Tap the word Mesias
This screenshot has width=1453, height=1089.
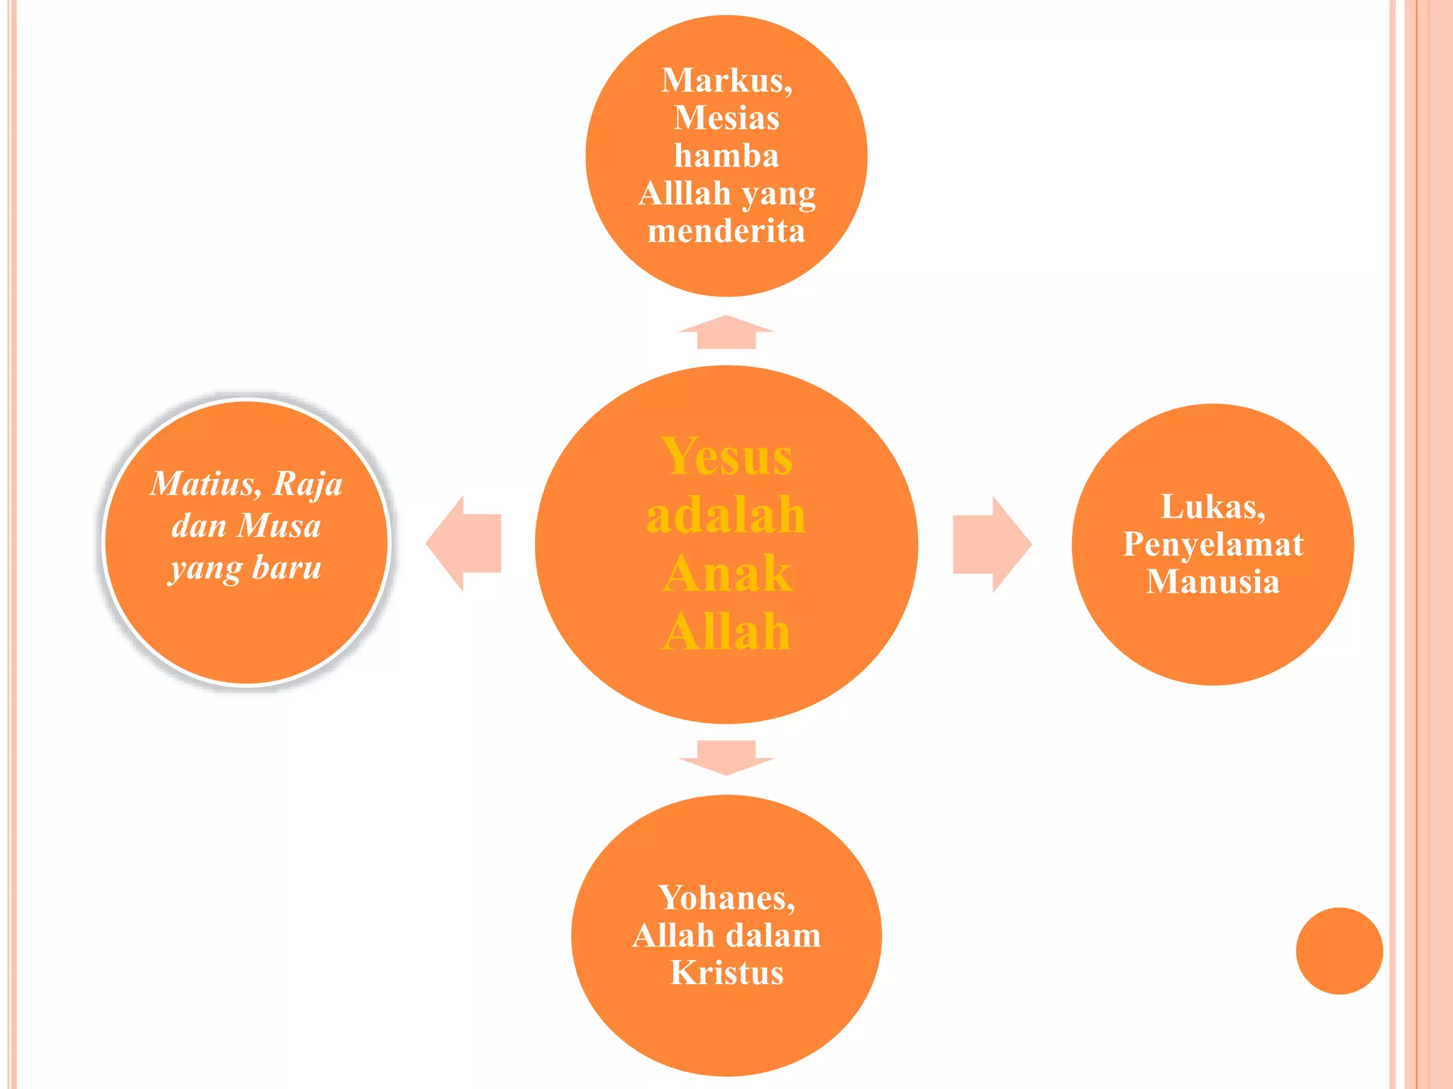coord(726,118)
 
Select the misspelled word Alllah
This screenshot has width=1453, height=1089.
coord(685,193)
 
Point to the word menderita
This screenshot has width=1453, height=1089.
coord(726,231)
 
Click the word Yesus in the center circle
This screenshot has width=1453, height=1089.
coord(726,456)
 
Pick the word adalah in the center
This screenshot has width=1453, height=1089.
coord(726,514)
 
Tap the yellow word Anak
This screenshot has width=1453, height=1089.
coord(726,573)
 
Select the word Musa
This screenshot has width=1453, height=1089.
coord(279,526)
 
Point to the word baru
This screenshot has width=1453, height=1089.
coord(287,568)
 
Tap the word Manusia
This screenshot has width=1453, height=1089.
coord(1213,582)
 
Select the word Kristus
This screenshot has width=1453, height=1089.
coord(726,973)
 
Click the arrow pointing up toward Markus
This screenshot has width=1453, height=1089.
coord(726,332)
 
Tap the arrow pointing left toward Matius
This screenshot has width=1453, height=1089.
coord(463,544)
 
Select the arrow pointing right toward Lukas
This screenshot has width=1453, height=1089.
coord(992,544)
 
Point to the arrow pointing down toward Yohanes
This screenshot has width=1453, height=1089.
coord(726,758)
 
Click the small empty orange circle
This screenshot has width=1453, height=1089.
coord(1339,951)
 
